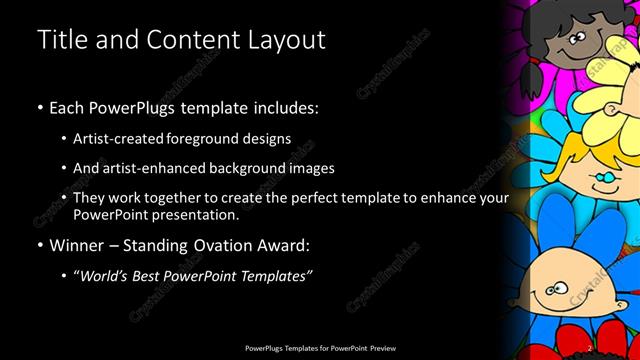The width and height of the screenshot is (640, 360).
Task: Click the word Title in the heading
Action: click(x=59, y=41)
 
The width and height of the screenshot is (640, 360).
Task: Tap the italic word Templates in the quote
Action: click(x=272, y=275)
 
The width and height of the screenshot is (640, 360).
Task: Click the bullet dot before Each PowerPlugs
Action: click(x=39, y=107)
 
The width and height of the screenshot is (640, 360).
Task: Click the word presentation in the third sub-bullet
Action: click(x=200, y=214)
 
